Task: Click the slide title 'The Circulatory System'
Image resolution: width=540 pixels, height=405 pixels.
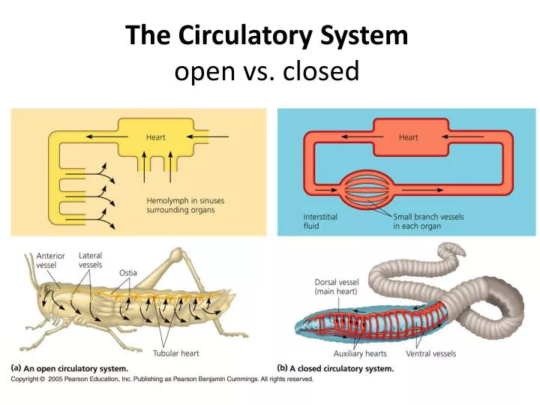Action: (x=267, y=35)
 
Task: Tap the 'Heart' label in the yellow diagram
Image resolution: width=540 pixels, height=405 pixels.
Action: (x=155, y=137)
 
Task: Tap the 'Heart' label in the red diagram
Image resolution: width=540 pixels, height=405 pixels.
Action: (x=408, y=137)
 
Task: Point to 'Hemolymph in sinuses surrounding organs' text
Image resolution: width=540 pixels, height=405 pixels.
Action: (x=184, y=205)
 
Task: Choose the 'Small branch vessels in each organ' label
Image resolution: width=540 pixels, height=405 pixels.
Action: (x=428, y=221)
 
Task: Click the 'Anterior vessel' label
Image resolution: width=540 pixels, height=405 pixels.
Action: (x=51, y=260)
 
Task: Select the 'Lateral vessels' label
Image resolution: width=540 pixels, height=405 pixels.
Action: (x=91, y=260)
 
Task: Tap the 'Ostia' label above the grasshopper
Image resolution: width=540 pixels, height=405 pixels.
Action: (x=127, y=273)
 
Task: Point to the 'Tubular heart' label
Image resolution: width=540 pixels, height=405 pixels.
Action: (x=176, y=353)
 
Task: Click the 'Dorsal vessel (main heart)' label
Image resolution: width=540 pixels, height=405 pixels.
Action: (x=337, y=286)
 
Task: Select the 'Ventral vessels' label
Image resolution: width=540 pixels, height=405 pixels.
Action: (x=430, y=353)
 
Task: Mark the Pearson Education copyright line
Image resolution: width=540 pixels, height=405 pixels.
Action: (x=161, y=379)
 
